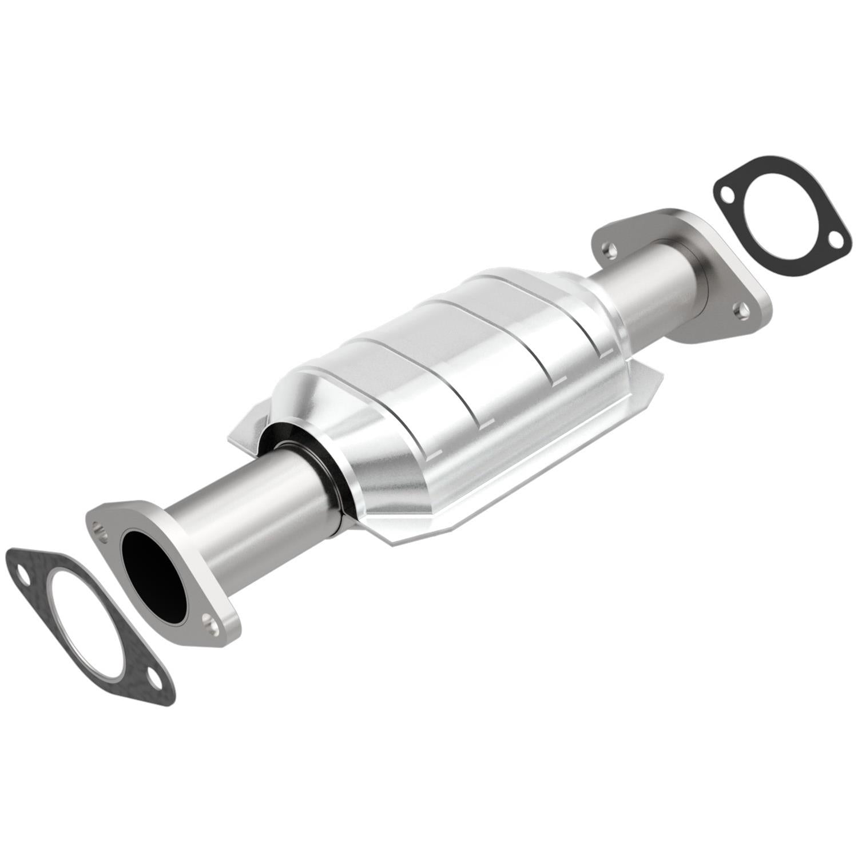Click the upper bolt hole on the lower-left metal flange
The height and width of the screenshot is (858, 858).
coord(102,530)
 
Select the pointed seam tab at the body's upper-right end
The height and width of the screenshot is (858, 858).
coord(646,383)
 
